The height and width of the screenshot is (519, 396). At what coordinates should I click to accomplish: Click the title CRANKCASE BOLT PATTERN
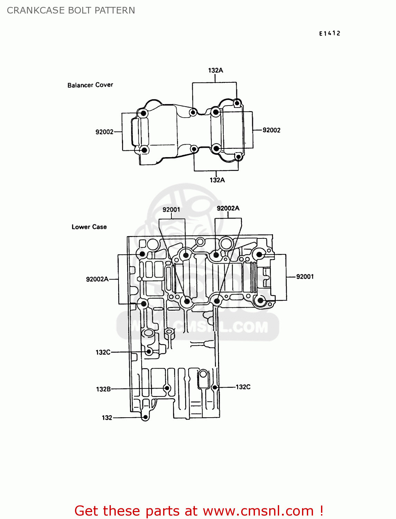71,10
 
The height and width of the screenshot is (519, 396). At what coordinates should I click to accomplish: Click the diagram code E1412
330,33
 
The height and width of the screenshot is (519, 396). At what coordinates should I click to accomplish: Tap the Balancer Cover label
90,85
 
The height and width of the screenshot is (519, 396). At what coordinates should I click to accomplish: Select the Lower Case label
89,227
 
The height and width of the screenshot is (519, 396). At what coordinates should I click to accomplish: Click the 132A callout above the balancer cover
216,70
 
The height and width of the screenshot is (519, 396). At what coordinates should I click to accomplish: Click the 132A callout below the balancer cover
217,180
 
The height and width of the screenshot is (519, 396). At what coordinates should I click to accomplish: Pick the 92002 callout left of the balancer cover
104,132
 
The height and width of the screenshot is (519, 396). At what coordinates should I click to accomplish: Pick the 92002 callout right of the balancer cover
272,130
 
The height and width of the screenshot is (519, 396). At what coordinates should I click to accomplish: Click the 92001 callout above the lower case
171,209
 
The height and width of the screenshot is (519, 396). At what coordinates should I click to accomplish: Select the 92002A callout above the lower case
228,208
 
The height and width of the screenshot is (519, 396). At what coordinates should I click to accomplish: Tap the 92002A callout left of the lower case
97,279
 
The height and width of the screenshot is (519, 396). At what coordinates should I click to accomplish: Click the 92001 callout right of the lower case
305,276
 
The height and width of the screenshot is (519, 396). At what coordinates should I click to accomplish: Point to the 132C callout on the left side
103,352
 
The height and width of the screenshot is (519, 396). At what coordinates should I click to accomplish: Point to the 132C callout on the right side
243,387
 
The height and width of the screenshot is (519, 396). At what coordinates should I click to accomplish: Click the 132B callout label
103,389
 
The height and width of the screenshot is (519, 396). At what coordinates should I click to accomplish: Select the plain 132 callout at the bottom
107,418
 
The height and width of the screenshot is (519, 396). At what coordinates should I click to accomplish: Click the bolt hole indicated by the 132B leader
167,388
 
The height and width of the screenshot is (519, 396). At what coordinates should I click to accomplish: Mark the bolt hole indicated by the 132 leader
145,417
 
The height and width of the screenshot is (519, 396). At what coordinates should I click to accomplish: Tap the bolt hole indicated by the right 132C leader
215,387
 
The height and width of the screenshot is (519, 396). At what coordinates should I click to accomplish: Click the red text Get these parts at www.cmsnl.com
199,511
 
